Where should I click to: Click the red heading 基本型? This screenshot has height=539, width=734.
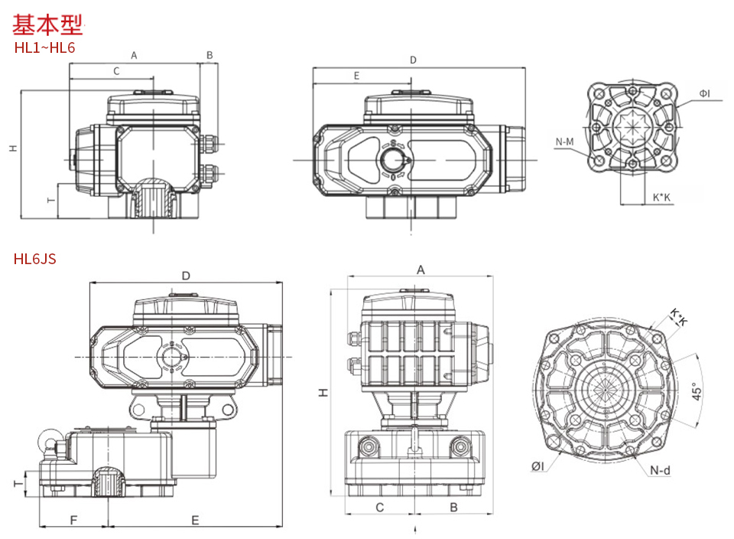point(47,24)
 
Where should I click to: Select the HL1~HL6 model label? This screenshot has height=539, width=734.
point(44,47)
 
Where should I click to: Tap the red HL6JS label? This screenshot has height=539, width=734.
point(34,259)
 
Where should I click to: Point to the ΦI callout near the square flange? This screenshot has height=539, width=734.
point(704,93)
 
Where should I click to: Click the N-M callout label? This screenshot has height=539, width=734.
point(564,142)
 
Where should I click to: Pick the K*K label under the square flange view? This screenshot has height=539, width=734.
point(661,198)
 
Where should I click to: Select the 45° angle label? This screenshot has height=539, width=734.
point(697,391)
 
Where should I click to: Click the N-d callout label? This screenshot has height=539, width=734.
point(660,470)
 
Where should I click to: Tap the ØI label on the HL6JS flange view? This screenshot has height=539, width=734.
point(538,466)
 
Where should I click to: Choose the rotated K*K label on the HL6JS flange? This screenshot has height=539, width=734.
point(679,317)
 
